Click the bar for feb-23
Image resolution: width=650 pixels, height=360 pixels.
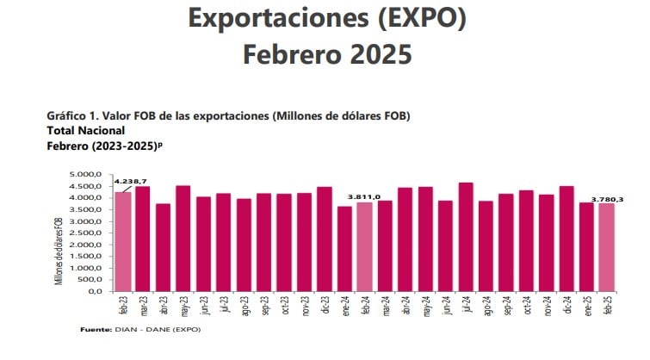123,242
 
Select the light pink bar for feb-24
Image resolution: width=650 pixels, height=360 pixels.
365,247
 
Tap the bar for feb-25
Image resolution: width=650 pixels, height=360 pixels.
607,247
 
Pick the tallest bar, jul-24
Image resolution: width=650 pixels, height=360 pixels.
466,237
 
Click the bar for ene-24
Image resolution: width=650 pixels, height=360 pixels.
344,249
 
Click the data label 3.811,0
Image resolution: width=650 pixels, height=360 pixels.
363,196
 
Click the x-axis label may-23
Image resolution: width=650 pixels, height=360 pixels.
183,307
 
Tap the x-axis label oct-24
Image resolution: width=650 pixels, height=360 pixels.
526,307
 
